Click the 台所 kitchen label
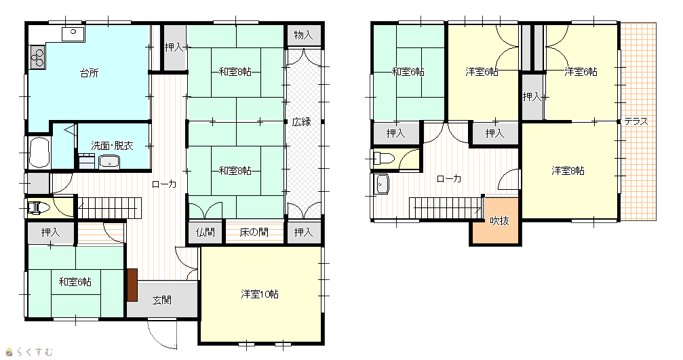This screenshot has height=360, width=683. (x=90, y=73)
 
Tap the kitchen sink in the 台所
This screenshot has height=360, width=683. (x=73, y=33)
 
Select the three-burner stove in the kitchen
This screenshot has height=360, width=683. (x=37, y=57)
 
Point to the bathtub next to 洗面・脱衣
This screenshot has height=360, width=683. (x=39, y=153)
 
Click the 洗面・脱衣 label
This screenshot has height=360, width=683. (x=112, y=145)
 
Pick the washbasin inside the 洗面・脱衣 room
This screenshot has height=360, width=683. (x=109, y=162)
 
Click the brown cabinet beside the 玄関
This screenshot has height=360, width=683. (x=132, y=285)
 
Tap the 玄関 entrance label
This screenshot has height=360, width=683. (x=161, y=300)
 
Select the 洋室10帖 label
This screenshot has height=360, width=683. (x=260, y=294)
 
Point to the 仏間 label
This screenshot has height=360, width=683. (x=205, y=233)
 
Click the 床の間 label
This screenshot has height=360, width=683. (x=254, y=233)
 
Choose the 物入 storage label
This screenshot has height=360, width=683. (x=303, y=35)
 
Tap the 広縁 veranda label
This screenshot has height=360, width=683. (x=301, y=122)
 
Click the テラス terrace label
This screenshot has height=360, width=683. (x=636, y=121)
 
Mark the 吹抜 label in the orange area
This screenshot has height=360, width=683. (x=499, y=221)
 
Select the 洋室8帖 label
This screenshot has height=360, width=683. (x=568, y=171)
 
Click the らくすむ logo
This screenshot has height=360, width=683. (x=29, y=351)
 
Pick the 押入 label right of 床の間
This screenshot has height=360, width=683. (x=303, y=233)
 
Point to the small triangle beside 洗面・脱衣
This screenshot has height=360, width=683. (x=71, y=129)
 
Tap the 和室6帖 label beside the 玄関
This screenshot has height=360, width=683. (x=75, y=281)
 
